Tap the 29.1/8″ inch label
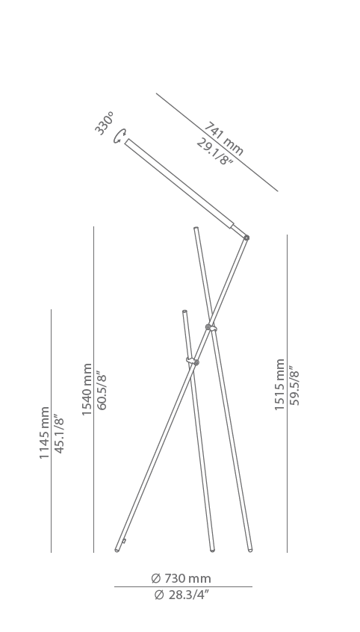coord(215,152)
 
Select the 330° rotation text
coord(105,123)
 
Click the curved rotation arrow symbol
coord(120,136)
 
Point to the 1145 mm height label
coord(44,433)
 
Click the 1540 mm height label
coord(87,389)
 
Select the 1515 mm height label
coord(279,385)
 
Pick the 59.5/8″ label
coord(294,385)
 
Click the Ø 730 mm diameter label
coord(181,578)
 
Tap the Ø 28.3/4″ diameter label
coord(181,595)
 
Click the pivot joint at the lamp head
coord(246,238)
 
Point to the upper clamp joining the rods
coord(211,328)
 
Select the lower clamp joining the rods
coord(193,361)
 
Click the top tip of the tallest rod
coord(196,228)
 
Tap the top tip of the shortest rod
coord(184,312)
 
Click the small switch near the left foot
coord(124,542)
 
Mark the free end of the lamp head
coord(126,141)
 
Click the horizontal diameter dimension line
coord(183,587)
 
